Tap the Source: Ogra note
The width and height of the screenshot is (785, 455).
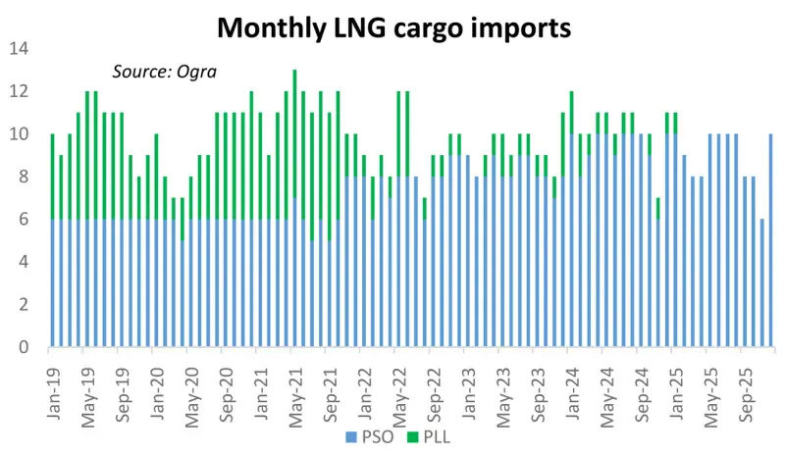point(163,71)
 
